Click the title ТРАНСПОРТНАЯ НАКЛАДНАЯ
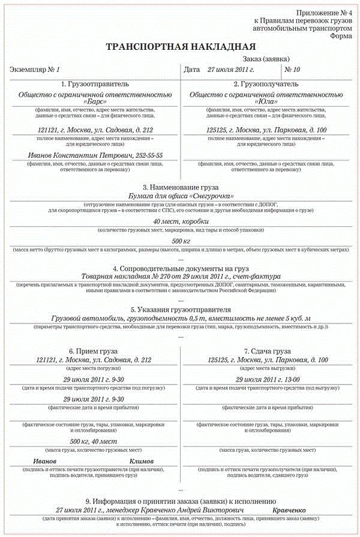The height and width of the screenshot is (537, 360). (x=181, y=46)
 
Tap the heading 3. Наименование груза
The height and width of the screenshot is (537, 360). (x=181, y=187)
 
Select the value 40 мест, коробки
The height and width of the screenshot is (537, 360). (x=181, y=221)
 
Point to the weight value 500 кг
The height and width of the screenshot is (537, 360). (x=181, y=241)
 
